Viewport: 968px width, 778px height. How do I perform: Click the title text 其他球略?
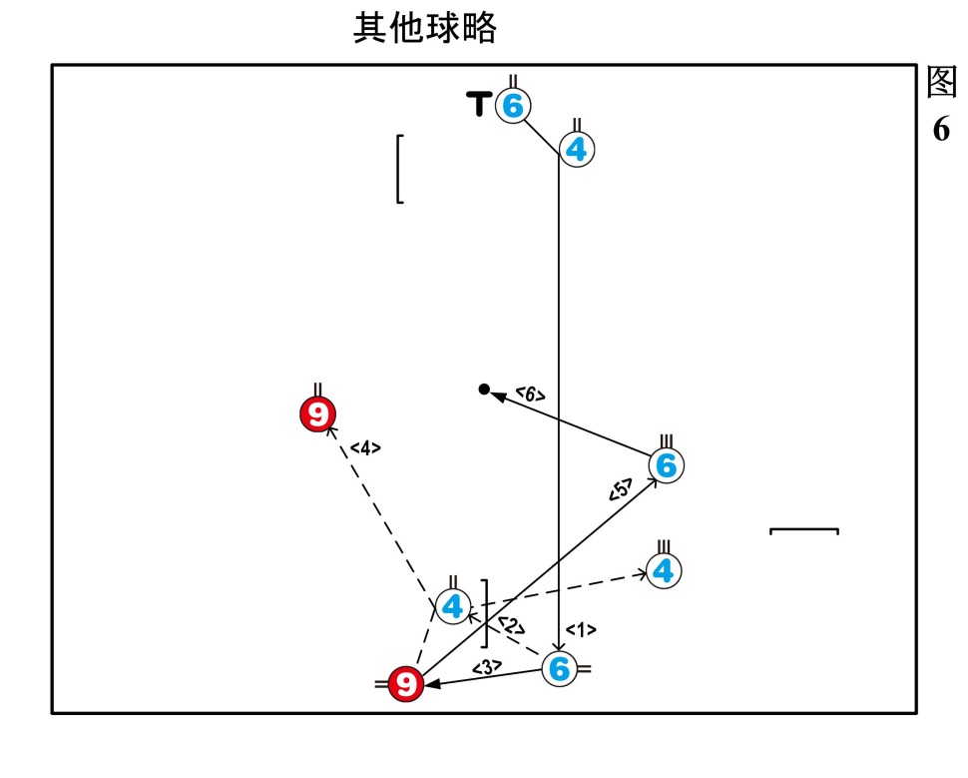point(425,28)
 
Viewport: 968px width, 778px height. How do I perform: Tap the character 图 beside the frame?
point(941,83)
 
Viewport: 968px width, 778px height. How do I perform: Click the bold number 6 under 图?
point(941,130)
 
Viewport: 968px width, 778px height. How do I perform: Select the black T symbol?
point(480,103)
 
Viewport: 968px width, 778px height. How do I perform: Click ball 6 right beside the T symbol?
point(513,105)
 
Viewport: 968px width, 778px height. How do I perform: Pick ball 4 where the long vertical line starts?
point(576,150)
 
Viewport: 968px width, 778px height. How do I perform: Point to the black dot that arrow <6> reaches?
point(484,389)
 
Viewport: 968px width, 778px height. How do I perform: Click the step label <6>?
point(530,395)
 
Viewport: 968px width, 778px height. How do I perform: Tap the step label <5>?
point(620,490)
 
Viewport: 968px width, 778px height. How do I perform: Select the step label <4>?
point(365,448)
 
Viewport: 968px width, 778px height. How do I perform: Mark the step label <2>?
point(511,626)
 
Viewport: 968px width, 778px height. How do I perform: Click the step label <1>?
point(580,629)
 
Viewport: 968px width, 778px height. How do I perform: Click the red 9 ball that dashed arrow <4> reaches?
point(317,413)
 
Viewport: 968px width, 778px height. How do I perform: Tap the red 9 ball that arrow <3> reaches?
point(405,684)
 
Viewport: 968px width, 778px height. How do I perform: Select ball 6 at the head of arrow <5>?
point(667,464)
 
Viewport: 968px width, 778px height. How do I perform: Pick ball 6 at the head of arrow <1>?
point(559,669)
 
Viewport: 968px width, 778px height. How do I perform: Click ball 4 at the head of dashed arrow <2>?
point(453,606)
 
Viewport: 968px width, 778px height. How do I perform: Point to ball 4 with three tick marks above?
point(664,570)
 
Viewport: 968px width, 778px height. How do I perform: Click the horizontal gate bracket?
point(803,530)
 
